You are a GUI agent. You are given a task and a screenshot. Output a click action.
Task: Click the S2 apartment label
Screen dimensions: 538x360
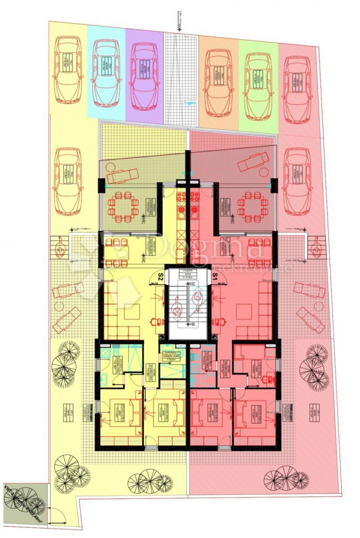tap(160, 276)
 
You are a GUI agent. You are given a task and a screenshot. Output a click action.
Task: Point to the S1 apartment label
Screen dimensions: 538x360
tap(215, 276)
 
